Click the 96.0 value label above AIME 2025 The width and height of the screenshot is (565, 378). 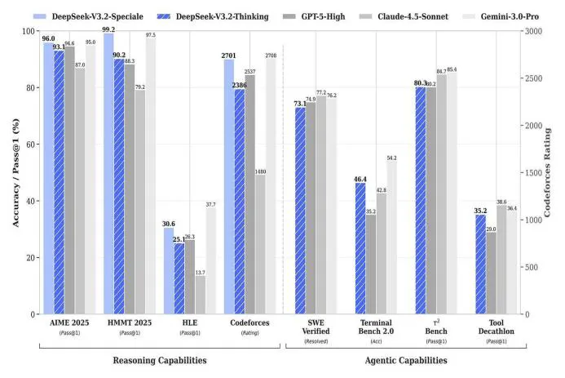click(48, 38)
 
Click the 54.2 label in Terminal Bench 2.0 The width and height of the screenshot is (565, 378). click(392, 157)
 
